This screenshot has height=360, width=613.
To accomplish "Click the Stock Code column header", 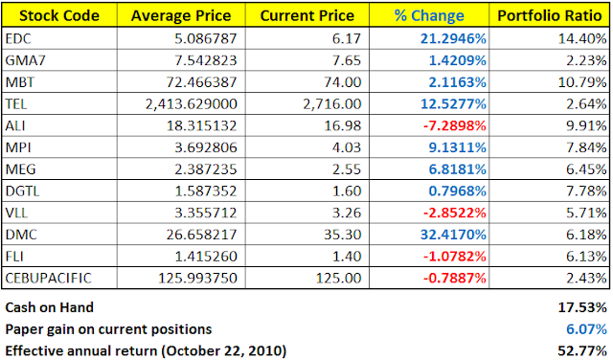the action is point(59,15).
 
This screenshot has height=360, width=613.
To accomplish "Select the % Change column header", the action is point(429,15).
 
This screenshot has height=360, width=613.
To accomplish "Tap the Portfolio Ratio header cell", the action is point(549,15).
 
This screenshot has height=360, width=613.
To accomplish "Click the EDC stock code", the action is point(18,38).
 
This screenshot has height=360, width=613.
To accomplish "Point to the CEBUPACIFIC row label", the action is point(49,278).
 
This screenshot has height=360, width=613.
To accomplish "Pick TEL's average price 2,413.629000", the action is point(192,104).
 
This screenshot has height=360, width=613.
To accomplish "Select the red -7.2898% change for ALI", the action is point(455,125).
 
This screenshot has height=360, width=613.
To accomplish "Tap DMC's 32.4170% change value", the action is point(453,235).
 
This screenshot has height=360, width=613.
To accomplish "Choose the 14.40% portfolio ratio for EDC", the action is point(582,38).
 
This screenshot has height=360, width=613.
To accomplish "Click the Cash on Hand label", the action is point(50,307).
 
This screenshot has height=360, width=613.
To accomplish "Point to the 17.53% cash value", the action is point(582,307).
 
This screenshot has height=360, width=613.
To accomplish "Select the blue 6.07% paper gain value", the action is point(586,329).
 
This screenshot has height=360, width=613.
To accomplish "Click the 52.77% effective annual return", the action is point(582,350).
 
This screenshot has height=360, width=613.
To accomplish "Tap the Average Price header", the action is point(181,15).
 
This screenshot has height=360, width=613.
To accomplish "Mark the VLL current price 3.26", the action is point(347,213).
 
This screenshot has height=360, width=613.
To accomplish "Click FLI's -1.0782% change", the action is point(455,257).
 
